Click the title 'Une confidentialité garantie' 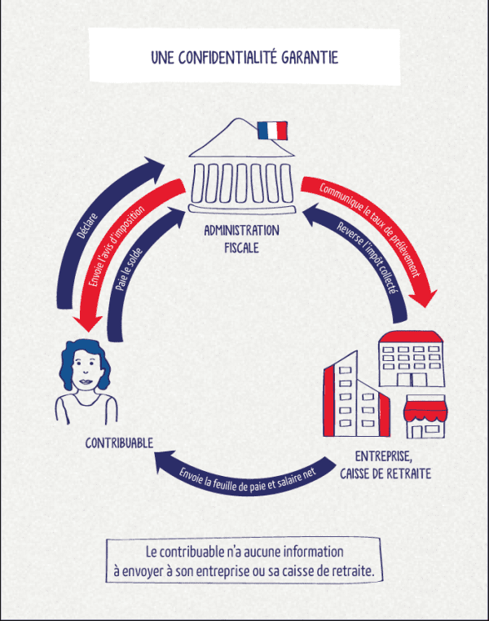click(x=244, y=57)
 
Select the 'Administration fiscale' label click(x=241, y=238)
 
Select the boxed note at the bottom click(x=244, y=561)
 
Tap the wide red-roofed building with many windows click(x=409, y=359)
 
